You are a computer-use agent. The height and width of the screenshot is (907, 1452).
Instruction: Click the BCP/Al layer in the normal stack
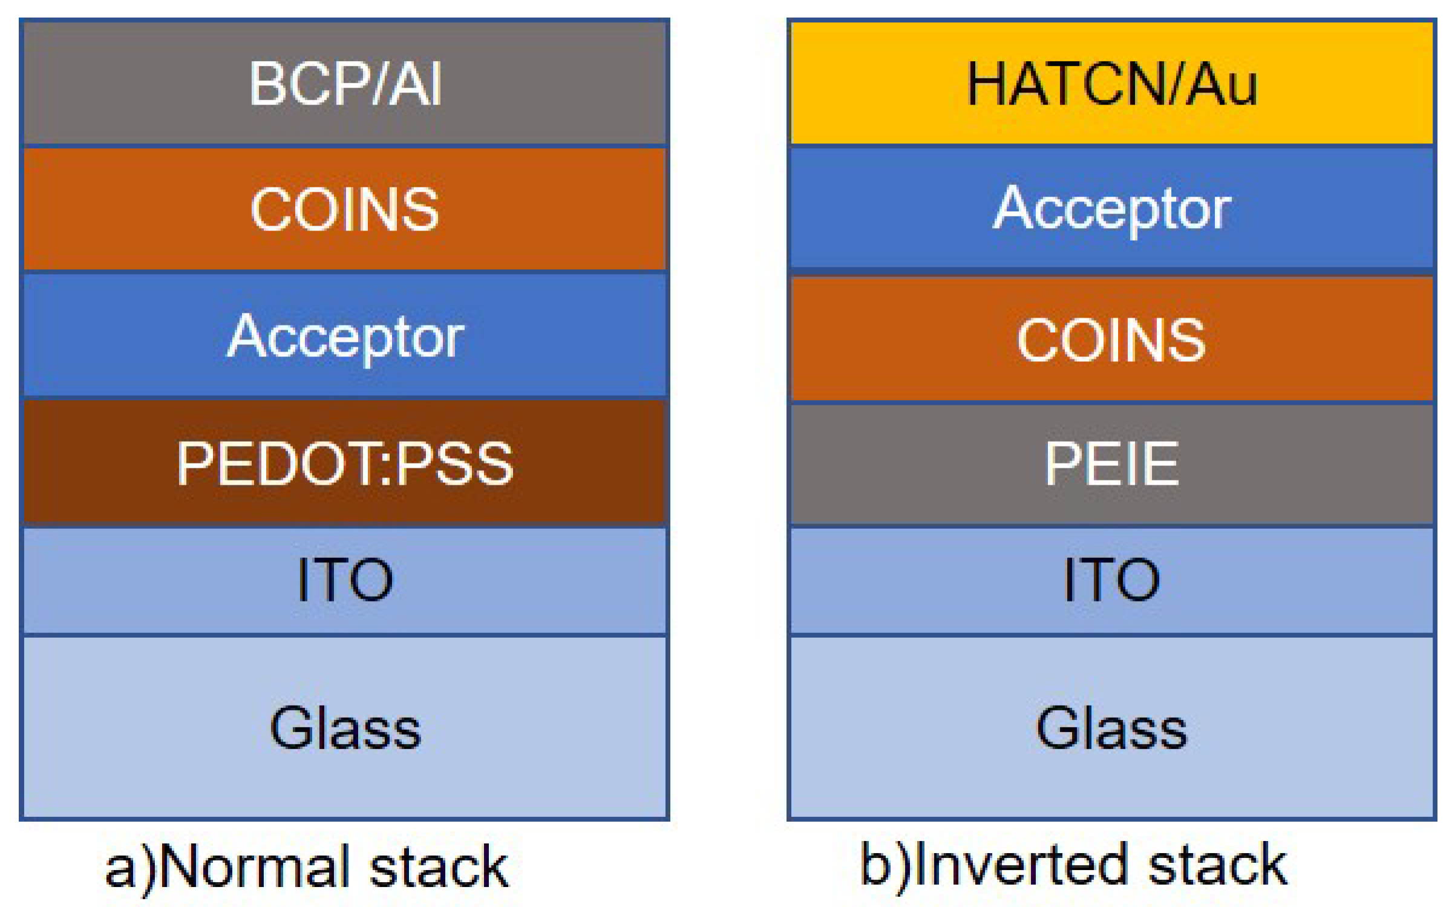click(345, 83)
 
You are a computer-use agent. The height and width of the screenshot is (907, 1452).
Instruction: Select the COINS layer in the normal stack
click(345, 209)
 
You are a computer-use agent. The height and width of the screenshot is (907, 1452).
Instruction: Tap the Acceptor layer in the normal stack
click(345, 336)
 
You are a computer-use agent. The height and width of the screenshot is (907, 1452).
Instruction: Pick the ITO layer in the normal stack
click(345, 580)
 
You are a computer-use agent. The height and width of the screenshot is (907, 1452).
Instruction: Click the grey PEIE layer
click(1112, 463)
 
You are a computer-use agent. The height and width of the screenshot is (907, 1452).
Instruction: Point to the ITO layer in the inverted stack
click(1112, 580)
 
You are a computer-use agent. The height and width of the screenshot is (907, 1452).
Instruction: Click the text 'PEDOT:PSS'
click(345, 463)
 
